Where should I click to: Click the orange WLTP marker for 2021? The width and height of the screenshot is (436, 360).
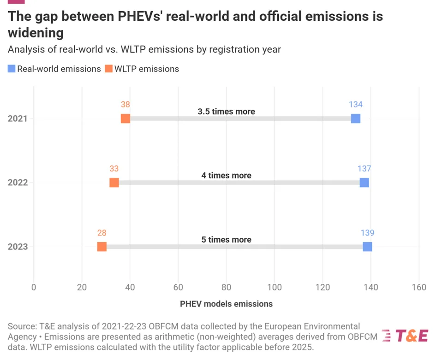(x=125, y=118)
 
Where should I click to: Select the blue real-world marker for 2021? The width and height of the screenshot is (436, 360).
(x=355, y=118)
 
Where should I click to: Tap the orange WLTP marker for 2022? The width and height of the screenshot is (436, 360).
(x=114, y=183)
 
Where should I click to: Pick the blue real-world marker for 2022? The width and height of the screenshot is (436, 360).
(x=364, y=183)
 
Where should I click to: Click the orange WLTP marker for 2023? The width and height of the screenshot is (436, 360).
(x=102, y=247)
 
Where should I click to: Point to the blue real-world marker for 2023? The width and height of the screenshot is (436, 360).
(x=367, y=247)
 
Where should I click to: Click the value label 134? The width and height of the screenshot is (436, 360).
(x=356, y=105)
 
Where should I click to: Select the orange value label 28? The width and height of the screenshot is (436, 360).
(x=102, y=233)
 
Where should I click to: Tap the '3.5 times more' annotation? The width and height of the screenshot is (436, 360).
(x=226, y=112)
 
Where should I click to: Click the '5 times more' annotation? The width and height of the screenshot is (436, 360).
(x=226, y=240)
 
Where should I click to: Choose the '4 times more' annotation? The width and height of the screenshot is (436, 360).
(x=226, y=176)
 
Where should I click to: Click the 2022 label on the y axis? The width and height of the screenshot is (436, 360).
(x=18, y=183)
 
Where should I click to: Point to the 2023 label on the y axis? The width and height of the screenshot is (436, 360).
(x=18, y=247)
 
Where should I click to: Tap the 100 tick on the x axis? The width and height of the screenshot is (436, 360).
(x=275, y=288)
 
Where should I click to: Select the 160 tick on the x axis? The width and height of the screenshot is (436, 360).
(x=418, y=288)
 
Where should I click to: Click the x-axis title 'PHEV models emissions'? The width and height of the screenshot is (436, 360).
(x=226, y=304)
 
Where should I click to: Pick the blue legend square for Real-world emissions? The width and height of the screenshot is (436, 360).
(x=12, y=69)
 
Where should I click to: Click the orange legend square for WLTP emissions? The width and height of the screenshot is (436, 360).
(x=108, y=69)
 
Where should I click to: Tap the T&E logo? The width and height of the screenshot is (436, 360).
(x=406, y=336)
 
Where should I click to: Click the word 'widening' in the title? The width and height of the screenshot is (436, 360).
(x=36, y=33)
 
